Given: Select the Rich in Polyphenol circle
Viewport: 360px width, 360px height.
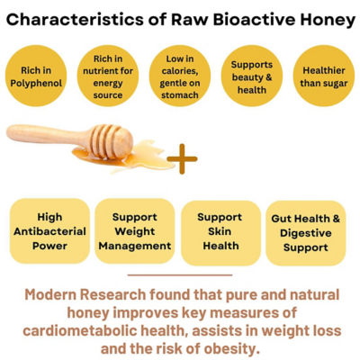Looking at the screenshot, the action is pos(36,76).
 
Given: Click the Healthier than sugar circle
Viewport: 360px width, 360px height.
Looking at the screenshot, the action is pos(324,76).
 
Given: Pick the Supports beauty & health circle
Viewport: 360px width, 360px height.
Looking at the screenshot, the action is pos(252,76).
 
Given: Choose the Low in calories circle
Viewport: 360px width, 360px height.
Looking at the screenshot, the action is pos(180,76).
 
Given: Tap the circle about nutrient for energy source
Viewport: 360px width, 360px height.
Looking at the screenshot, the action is pos(108,76).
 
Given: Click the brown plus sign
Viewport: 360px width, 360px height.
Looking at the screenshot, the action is pos(182,159).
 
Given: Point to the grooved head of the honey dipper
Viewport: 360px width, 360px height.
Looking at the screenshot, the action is pos(112,141).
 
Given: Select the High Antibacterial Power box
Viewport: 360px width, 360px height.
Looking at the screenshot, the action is pos(49,231).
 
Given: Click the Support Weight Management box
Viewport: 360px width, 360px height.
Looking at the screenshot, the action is pos(135,231).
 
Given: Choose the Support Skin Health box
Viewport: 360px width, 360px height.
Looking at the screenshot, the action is pos(220,233).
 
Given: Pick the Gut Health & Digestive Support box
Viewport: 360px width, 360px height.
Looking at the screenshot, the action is pos(306,233).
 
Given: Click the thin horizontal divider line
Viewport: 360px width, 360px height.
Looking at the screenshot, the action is pos(180,274).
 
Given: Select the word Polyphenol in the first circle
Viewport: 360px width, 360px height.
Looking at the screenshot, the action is pos(36,83).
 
